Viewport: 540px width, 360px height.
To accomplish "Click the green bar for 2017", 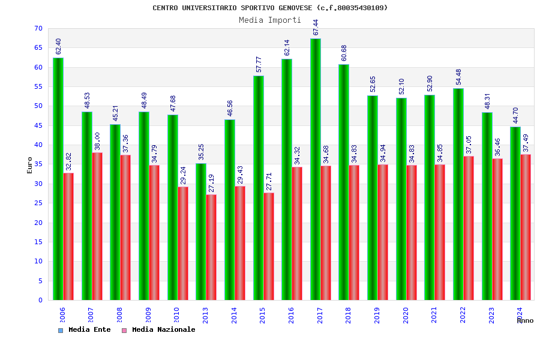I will [x=315, y=169].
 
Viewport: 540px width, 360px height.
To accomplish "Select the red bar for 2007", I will [x=97, y=226].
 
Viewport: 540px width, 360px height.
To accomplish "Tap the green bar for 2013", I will [x=201, y=232].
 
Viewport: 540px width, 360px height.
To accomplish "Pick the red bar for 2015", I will [x=269, y=246].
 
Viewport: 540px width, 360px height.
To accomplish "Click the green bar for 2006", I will [x=58, y=179].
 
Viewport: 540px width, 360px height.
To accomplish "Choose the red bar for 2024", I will [x=526, y=227].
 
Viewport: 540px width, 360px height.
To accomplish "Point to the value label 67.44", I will [x=316, y=28].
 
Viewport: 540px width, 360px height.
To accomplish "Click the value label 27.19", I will [x=211, y=184].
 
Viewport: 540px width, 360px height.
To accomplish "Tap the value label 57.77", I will [x=259, y=65].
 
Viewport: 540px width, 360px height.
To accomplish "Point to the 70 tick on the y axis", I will [x=38, y=29].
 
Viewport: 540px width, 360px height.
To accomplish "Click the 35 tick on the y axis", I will [x=38, y=164].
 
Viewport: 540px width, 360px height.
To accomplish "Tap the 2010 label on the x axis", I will [x=176, y=315].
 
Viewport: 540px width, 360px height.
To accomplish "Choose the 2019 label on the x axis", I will [x=377, y=315].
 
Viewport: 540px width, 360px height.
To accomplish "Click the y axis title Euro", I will [x=30, y=165].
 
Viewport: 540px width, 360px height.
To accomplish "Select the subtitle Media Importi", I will [x=270, y=20].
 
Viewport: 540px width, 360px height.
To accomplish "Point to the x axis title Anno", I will [x=525, y=320].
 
